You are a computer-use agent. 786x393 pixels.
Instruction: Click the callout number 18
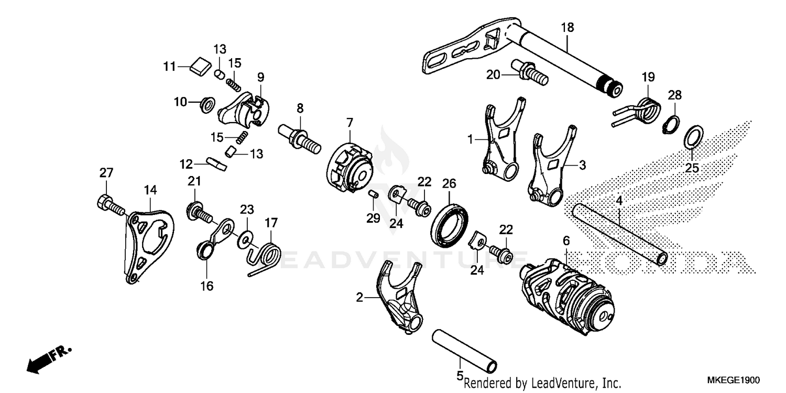tap(567, 28)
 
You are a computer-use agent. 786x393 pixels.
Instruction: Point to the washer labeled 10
tap(206, 104)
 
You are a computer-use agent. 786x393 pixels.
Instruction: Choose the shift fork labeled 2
tap(401, 299)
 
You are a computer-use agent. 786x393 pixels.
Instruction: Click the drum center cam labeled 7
tap(350, 163)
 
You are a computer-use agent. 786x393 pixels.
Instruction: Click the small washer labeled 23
tap(244, 240)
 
